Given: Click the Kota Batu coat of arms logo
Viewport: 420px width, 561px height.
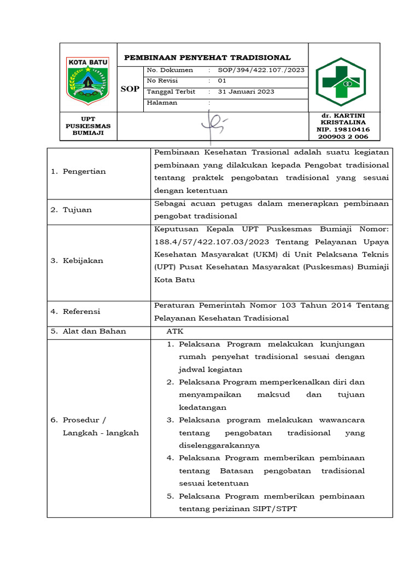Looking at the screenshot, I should (87, 80).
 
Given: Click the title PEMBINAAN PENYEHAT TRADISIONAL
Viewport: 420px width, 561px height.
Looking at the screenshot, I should (208, 58).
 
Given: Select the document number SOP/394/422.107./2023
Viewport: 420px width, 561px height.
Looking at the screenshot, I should (261, 70).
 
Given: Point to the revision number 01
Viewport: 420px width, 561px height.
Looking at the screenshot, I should (222, 81).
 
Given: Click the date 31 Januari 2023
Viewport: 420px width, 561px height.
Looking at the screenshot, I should (246, 91).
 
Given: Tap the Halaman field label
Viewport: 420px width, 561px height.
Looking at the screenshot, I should (162, 102).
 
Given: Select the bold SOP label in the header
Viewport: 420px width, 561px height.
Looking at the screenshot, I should (130, 89).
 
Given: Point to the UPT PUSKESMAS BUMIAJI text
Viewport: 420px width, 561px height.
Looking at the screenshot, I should (87, 126).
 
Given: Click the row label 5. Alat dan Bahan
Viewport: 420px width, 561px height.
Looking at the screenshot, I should (88, 331).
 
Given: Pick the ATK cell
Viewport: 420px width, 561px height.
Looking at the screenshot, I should (176, 331).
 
